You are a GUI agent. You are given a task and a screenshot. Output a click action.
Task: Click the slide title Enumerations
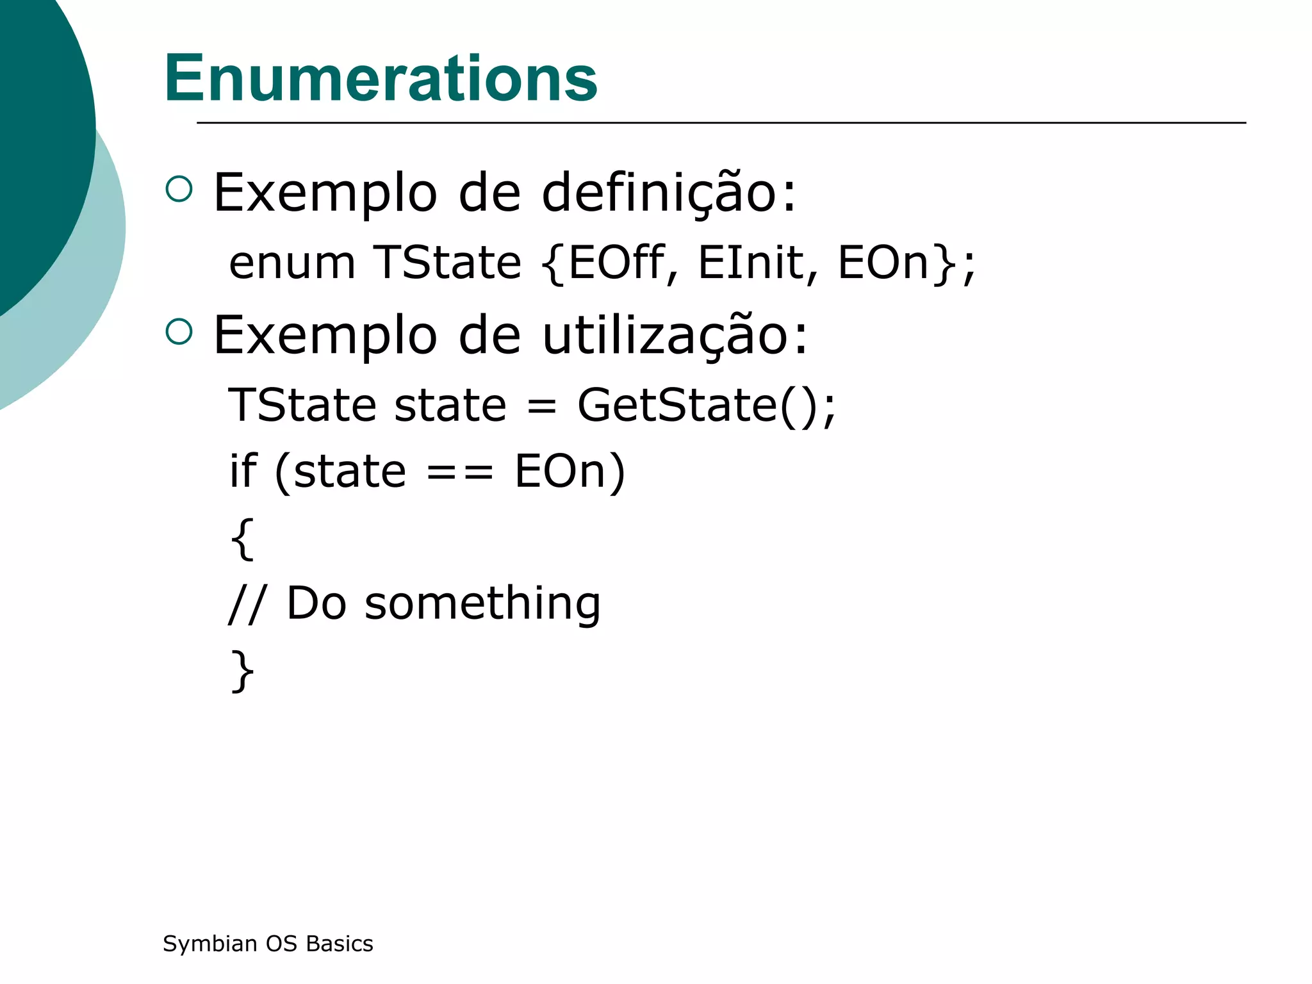coord(381,79)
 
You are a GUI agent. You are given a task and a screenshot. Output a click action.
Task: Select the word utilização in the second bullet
coord(675,335)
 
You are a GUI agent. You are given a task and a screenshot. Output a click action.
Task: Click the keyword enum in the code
coord(292,263)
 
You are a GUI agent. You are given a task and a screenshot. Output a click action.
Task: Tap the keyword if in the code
coord(243,471)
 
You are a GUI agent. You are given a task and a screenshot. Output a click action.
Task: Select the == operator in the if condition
coord(460,472)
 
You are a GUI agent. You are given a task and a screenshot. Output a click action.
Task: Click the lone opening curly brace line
coord(242,539)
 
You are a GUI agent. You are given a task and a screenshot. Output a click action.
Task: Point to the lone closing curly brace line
coord(242,671)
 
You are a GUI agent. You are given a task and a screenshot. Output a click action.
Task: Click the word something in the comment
coord(482,604)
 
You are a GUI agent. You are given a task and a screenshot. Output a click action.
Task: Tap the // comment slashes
coord(244,604)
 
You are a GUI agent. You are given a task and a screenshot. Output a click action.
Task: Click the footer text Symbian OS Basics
coord(268,944)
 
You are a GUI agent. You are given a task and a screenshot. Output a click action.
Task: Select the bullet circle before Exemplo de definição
coord(179,190)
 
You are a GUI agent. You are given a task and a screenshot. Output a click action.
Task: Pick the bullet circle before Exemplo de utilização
coord(179,332)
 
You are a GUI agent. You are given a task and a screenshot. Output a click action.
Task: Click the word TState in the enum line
coord(447,263)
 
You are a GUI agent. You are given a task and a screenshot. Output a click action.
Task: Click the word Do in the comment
coord(316,604)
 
